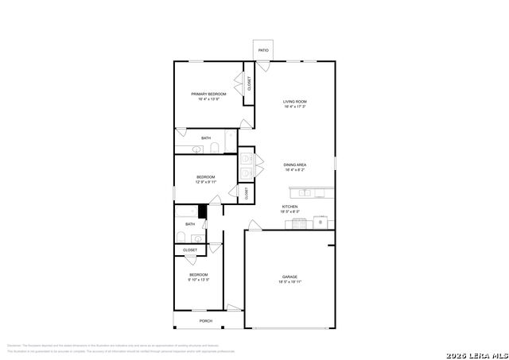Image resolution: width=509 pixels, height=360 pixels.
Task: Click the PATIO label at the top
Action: tap(263, 51)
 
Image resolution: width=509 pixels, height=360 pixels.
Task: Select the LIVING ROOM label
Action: tap(295, 102)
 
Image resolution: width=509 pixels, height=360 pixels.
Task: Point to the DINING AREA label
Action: tap(295, 165)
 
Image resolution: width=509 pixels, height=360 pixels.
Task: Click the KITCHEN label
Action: tap(289, 207)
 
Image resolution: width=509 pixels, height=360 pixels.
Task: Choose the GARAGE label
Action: tap(289, 277)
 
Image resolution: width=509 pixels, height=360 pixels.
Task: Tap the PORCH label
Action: tap(206, 321)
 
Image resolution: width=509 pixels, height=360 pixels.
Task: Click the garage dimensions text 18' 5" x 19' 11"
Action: tap(289, 281)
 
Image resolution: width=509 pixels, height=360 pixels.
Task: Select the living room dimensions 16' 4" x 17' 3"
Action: tap(295, 106)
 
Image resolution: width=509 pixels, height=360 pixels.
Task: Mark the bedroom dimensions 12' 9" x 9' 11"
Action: tap(206, 182)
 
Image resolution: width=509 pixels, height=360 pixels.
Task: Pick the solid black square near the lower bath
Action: tap(203, 211)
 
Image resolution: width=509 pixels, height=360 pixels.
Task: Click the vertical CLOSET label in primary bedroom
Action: tap(249, 83)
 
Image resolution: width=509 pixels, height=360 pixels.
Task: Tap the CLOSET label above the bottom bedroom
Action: tap(190, 250)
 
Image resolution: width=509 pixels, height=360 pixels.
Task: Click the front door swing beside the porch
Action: tap(233, 308)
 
